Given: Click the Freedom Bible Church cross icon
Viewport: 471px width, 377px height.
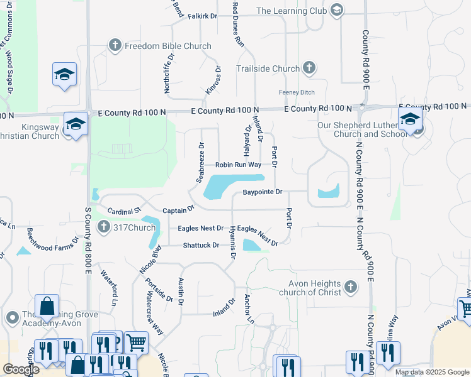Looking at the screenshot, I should pos(115,45).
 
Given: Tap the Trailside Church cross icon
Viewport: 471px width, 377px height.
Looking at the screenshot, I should pos(309,68).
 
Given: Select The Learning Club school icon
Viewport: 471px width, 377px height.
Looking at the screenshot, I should pos(337,10).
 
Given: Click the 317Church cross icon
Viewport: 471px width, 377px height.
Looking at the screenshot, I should pos(104,227).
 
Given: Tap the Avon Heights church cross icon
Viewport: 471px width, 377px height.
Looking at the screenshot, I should pos(351,288).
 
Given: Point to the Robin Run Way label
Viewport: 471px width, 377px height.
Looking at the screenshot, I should pos(238,165).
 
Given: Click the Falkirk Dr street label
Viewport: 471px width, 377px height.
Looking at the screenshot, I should pos(202,14).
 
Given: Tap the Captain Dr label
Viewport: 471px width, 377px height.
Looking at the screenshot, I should pos(179,210).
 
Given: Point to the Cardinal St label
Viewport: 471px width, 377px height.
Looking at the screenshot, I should pos(126,208).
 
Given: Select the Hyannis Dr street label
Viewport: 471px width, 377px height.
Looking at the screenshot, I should pos(232,242).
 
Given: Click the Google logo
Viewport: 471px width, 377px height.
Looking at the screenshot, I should pos(21,369).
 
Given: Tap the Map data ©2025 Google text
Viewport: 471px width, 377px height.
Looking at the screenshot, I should pos(431,372).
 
